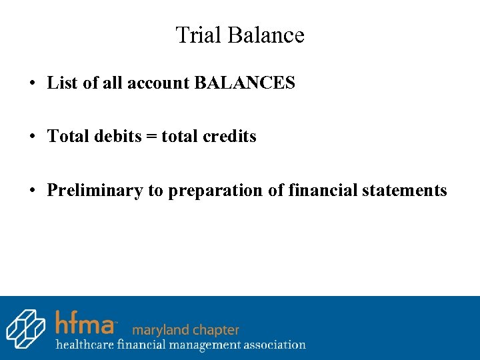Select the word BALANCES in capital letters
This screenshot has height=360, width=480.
(x=245, y=83)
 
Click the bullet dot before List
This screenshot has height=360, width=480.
(x=32, y=84)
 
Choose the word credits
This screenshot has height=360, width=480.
(x=229, y=137)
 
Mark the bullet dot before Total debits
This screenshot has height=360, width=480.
(x=32, y=137)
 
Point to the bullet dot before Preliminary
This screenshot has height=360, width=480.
(x=32, y=191)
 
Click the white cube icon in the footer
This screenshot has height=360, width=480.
(x=25, y=328)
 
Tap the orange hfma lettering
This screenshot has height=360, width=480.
(x=85, y=323)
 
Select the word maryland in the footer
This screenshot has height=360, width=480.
(x=159, y=330)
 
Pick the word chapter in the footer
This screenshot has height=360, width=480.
(x=213, y=330)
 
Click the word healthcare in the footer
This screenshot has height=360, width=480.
(x=85, y=345)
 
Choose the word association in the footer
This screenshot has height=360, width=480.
(x=273, y=345)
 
